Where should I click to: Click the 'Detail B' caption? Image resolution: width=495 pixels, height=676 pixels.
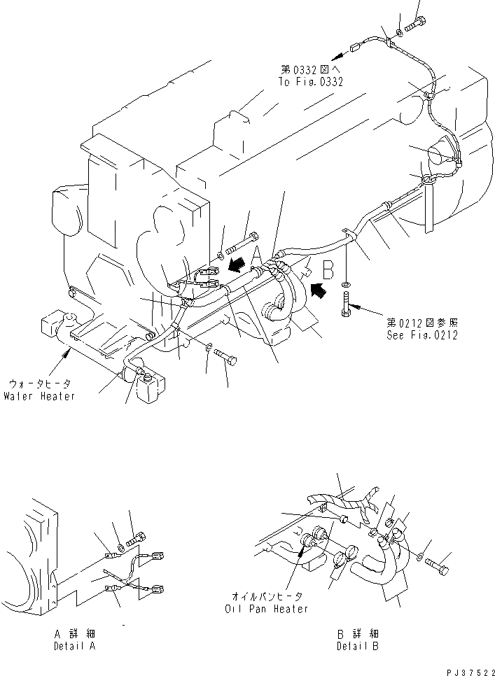[358, 646]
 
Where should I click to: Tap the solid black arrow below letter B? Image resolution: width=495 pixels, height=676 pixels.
[319, 288]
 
